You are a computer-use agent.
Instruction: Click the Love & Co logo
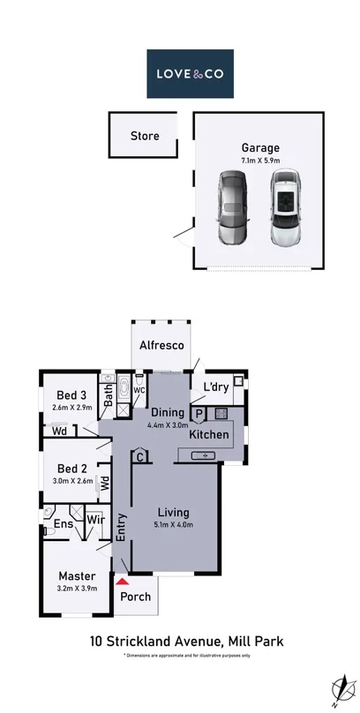[x=191, y=73]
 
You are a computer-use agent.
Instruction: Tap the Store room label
[x=145, y=136]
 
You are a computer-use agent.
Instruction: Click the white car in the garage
[x=285, y=208]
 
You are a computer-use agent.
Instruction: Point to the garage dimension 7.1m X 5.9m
[x=260, y=161]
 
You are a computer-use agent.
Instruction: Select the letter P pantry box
[x=199, y=412]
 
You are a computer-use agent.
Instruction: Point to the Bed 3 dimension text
[x=71, y=408]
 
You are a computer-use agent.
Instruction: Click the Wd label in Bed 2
[x=104, y=483]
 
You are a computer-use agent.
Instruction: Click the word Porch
[x=135, y=597]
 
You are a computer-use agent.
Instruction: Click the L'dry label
[x=216, y=387]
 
